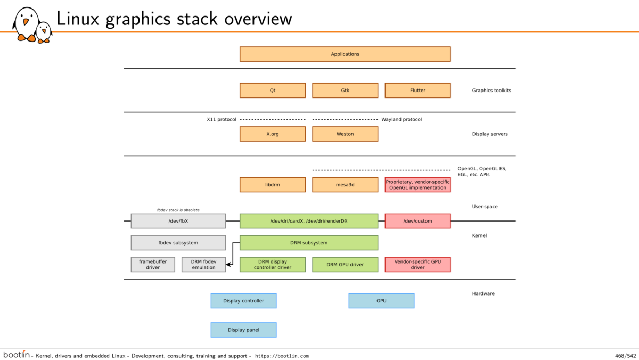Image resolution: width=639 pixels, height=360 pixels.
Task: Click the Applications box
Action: (345, 54)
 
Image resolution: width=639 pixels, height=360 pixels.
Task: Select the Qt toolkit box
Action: (273, 91)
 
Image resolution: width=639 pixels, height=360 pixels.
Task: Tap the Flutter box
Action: (417, 91)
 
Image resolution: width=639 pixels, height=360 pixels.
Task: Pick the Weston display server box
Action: (345, 134)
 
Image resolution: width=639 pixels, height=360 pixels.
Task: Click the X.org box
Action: (273, 134)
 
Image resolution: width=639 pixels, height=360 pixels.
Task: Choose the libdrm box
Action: (273, 185)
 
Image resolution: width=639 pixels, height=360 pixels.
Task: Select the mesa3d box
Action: (345, 185)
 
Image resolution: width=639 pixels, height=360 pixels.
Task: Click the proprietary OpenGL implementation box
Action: (417, 185)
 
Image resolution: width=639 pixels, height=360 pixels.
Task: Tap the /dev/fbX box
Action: (178, 221)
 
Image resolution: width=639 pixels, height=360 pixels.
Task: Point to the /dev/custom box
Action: (417, 221)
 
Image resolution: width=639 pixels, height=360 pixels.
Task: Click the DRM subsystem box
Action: (309, 243)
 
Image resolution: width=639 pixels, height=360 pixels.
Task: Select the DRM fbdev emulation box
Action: (203, 265)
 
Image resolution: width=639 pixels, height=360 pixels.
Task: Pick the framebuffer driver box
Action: (153, 265)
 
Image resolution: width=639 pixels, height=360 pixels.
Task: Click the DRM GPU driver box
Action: (345, 265)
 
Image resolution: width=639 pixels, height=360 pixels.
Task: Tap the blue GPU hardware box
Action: (381, 301)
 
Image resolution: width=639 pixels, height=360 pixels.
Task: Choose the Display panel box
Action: (244, 330)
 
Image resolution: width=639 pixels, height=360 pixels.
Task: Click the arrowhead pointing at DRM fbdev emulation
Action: (228, 265)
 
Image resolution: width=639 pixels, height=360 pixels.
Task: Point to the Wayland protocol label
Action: (402, 119)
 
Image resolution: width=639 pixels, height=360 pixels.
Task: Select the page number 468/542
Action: (626, 356)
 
